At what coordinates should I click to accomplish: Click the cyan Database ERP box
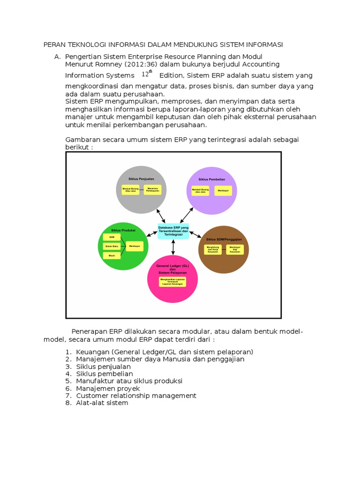tap(173, 231)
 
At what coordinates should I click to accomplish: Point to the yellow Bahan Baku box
tap(112, 246)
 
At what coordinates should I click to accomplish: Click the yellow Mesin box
tap(112, 255)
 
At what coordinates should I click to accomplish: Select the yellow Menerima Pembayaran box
tap(153, 190)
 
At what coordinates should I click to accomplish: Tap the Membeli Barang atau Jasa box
tap(200, 191)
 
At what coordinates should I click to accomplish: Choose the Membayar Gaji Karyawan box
tap(234, 250)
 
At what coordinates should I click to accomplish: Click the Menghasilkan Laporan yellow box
tap(173, 281)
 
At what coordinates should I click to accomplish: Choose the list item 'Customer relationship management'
tap(136, 396)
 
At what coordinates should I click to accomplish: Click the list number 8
tap(68, 403)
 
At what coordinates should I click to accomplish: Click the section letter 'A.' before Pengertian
tap(58, 57)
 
